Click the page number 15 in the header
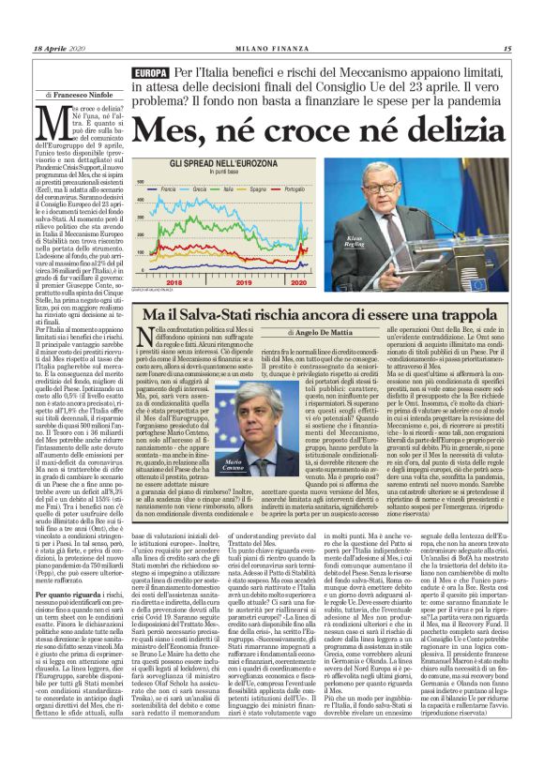click(x=506, y=49)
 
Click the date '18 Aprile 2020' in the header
click(x=57, y=49)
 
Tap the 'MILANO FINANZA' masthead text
click(x=272, y=49)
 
